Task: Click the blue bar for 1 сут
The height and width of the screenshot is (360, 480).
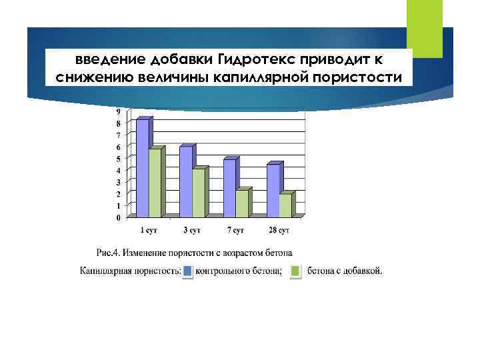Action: point(143,168)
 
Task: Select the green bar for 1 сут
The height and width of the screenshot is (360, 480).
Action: point(155,183)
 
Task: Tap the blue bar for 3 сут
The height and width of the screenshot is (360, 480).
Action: point(186,181)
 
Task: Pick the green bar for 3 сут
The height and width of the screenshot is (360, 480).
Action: point(199,193)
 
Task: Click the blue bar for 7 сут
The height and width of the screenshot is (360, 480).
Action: point(229,188)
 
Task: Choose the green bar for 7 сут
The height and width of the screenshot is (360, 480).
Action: point(242,203)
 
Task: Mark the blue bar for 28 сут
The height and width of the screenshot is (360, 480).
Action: point(273,191)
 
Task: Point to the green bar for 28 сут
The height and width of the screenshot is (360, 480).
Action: point(285,205)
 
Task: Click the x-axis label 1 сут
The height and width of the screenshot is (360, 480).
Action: point(149,231)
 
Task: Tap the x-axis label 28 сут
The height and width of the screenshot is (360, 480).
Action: point(279,231)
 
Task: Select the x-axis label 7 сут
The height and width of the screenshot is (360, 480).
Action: point(236,231)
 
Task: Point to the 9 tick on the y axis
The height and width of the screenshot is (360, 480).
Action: point(119,111)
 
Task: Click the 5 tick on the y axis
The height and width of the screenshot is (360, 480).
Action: point(119,159)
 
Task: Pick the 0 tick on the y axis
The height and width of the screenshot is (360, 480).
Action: point(119,218)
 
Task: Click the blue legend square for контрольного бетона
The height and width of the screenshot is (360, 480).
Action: point(189,271)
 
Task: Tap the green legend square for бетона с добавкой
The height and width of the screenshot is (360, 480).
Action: point(296,271)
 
